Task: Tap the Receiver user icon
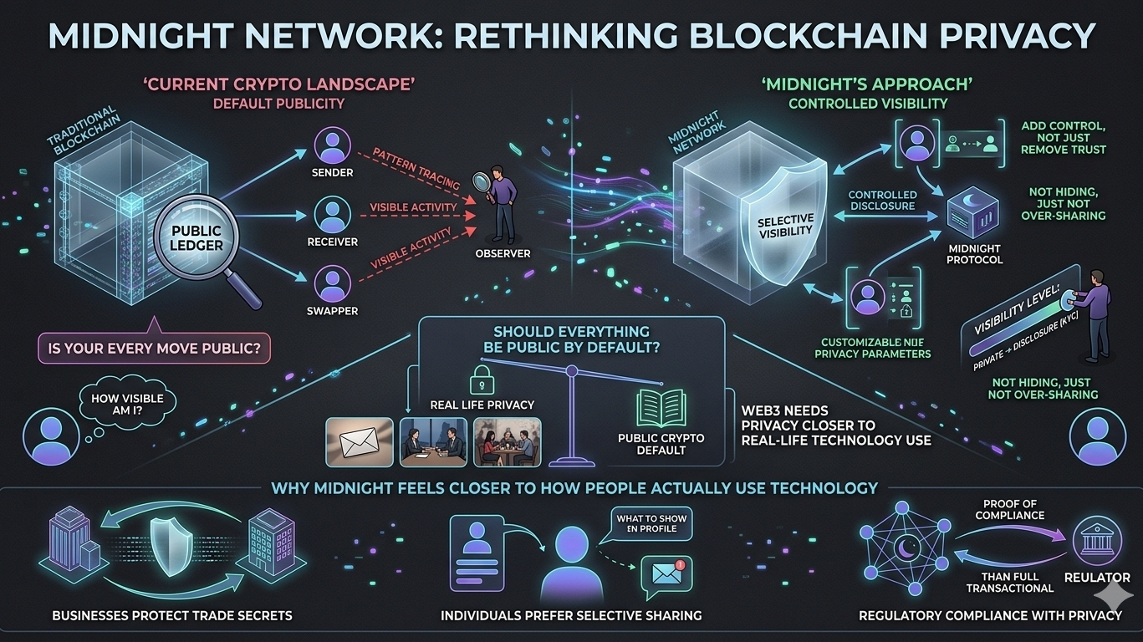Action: pos(332,215)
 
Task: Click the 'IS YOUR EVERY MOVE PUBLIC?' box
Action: pos(154,347)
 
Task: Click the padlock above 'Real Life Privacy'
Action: pos(481,378)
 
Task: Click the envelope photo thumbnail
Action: pos(359,441)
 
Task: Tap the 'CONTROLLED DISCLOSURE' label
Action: pos(882,201)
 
